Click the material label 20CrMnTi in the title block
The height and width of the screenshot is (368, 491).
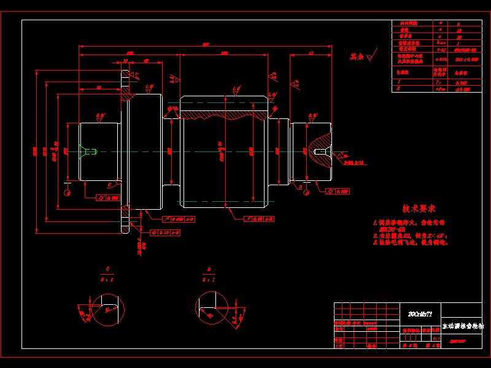click(x=420, y=313)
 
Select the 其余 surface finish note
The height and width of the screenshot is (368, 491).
click(x=357, y=56)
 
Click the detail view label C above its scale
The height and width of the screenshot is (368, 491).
click(x=107, y=269)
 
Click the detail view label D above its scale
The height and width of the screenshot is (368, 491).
click(x=210, y=269)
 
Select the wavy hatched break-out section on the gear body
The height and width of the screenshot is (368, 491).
click(x=222, y=113)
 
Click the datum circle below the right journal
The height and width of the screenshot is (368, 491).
click(x=305, y=191)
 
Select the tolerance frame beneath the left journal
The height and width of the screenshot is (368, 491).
click(x=108, y=197)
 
